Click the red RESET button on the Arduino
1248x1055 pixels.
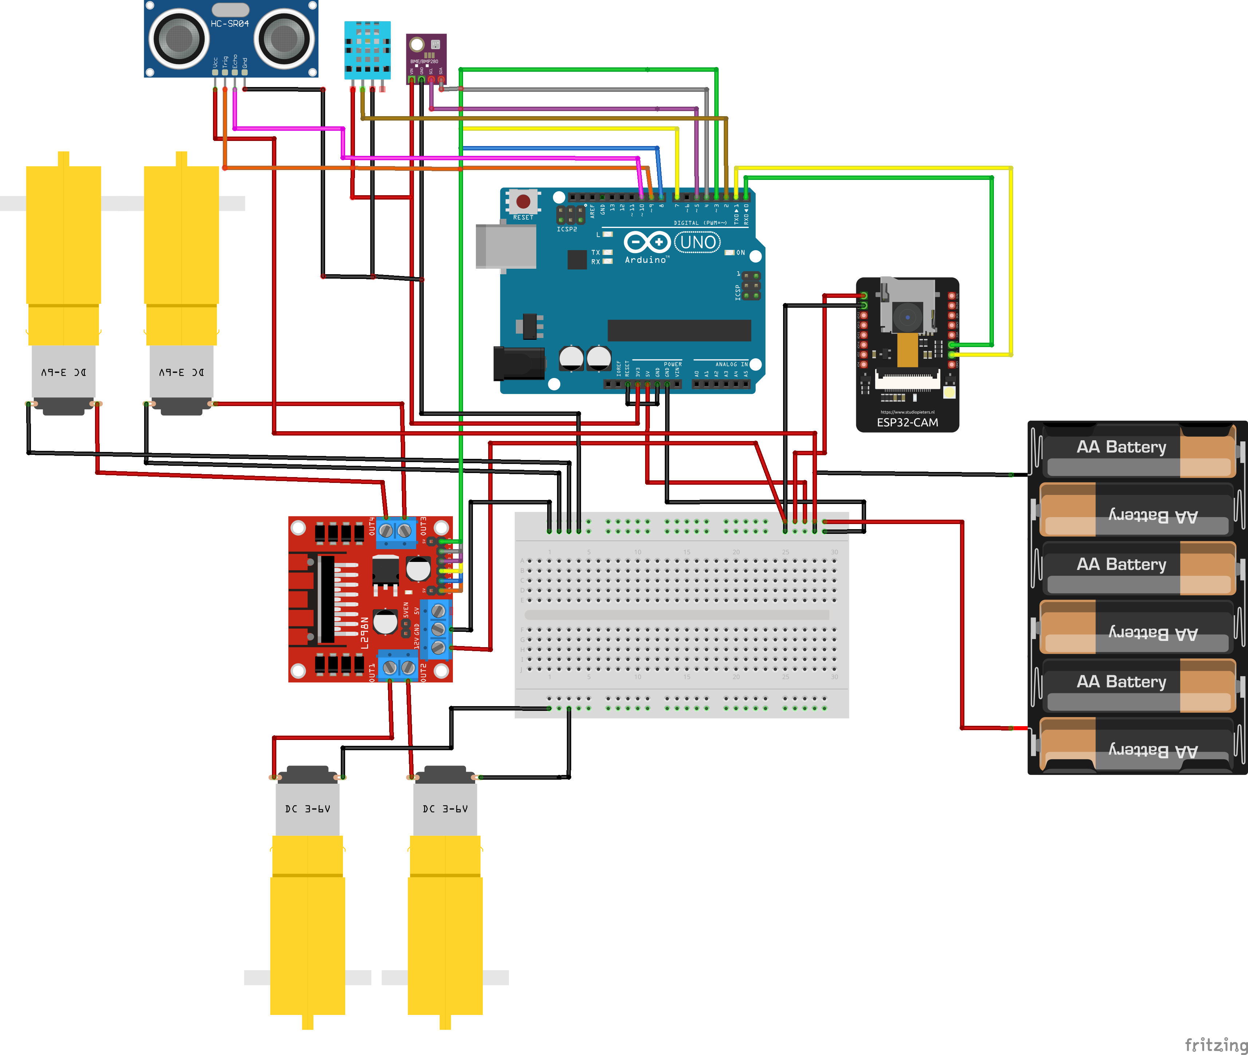click(523, 201)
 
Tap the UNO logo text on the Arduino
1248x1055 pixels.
click(697, 242)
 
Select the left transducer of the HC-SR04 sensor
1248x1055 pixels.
click(178, 39)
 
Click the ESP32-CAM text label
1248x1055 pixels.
click(907, 422)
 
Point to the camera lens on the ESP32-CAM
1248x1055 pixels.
click(908, 316)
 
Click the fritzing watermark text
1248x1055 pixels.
click(1216, 1044)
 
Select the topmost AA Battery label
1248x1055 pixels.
click(1121, 447)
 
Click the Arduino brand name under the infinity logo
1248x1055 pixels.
click(646, 260)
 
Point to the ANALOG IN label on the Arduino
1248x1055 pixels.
click(731, 364)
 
